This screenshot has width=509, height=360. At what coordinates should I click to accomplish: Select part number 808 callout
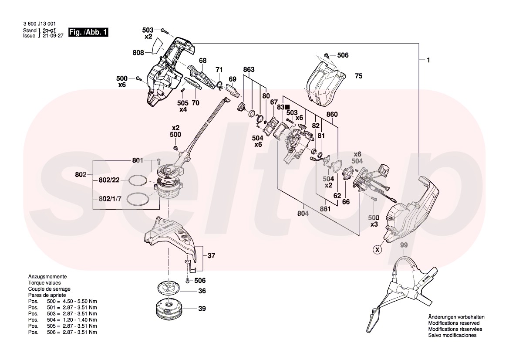(x=138, y=53)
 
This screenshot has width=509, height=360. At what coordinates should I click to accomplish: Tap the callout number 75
(x=358, y=76)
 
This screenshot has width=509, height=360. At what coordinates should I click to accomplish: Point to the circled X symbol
(x=377, y=249)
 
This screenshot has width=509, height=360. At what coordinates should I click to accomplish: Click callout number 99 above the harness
(x=404, y=246)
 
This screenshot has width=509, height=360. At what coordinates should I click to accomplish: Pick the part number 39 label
(x=202, y=309)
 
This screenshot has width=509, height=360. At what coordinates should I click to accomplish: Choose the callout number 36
(x=202, y=291)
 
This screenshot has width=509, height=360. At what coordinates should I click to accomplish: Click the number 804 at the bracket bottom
(x=303, y=214)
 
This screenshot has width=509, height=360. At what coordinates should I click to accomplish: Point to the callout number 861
(x=325, y=209)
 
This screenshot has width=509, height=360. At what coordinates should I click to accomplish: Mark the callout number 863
(x=249, y=70)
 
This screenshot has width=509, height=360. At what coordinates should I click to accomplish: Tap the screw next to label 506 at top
(x=326, y=56)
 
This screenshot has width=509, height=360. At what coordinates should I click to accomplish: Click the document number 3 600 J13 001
(x=39, y=24)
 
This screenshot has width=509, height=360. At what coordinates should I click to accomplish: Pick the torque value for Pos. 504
(x=81, y=319)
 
